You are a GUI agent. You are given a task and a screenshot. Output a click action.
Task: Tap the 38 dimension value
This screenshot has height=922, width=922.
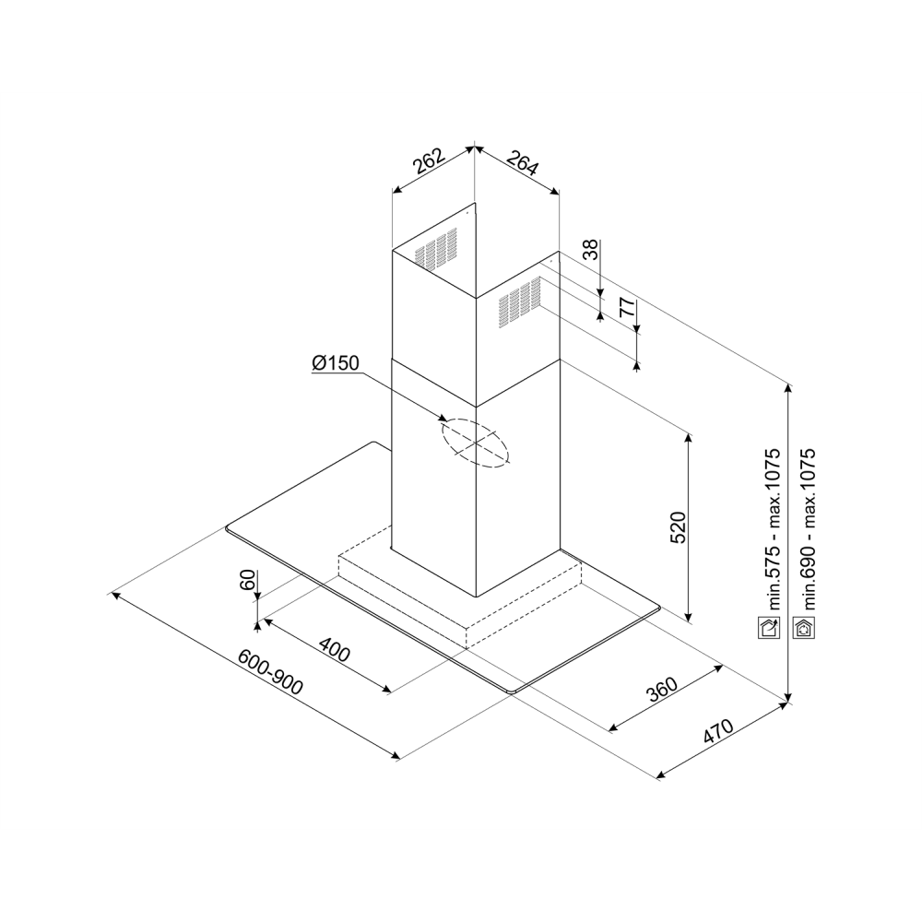pos(590,249)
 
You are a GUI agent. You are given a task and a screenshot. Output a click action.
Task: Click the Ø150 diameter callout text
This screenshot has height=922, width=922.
pos(336,362)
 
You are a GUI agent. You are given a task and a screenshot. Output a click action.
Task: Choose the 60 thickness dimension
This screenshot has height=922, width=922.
pos(247,580)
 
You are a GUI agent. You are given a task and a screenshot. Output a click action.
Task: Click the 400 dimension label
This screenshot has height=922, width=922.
pos(334,650)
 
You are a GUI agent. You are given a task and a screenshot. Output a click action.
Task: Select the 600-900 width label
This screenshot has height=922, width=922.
pos(270,672)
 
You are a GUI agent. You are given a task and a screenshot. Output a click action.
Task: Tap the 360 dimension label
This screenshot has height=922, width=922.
pos(662,691)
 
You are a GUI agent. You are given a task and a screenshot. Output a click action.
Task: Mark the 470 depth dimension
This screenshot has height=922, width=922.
pos(718,731)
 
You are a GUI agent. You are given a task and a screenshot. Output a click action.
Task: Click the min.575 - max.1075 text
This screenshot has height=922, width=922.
pos(773,529)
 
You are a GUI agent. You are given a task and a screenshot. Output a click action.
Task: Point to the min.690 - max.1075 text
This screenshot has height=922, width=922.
pos(809,529)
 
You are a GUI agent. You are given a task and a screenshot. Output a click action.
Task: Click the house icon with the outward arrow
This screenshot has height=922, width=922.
pos(769,628)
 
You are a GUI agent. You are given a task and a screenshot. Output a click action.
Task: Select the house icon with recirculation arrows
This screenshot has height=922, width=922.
pos(804,628)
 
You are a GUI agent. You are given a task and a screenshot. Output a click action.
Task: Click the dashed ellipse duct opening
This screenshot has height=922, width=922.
pos(475,444)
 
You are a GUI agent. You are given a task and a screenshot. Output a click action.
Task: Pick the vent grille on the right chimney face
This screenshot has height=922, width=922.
pos(520,302)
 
